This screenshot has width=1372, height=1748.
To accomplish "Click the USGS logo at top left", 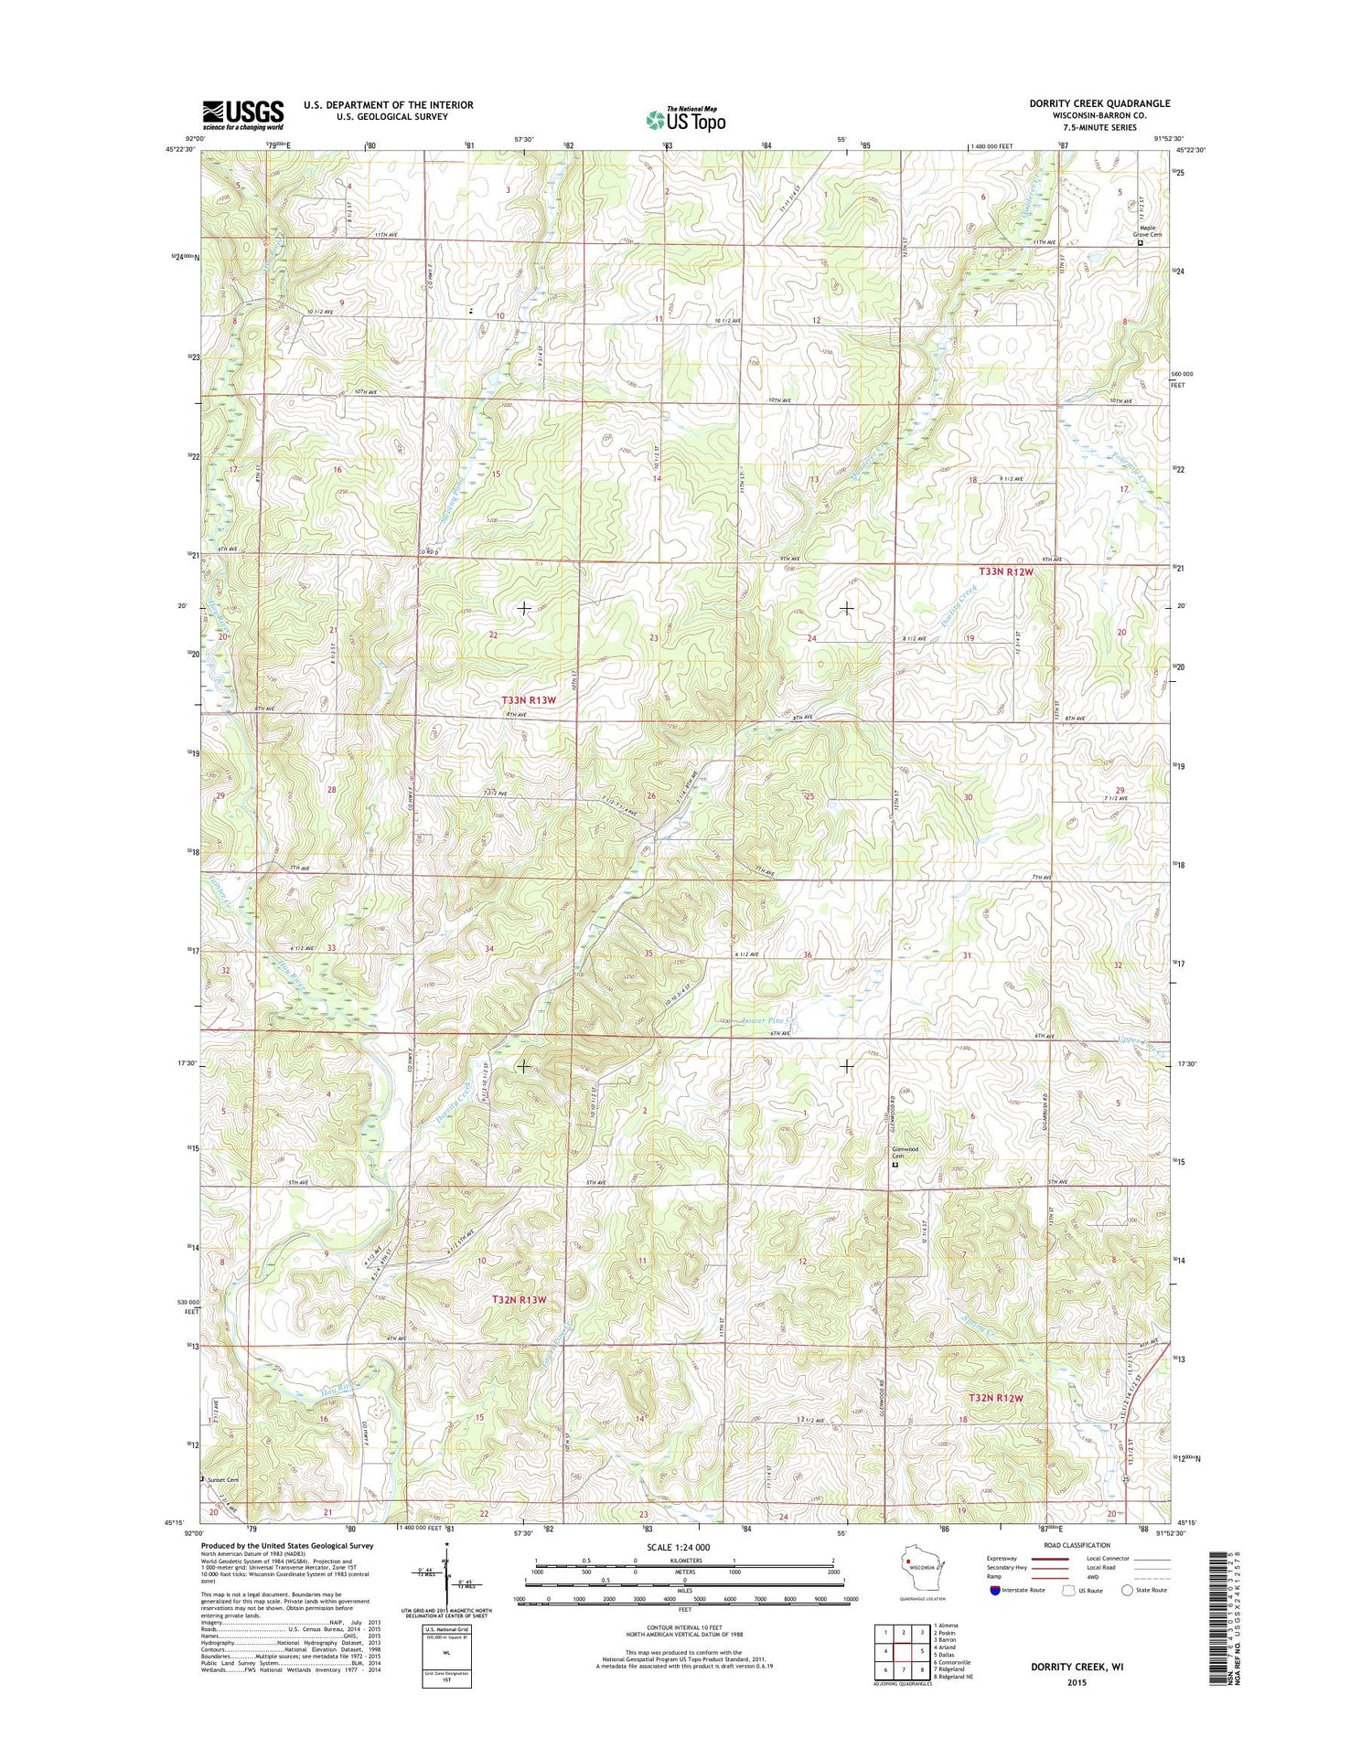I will point(243,114).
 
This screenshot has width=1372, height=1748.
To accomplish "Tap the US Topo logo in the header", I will point(686,119).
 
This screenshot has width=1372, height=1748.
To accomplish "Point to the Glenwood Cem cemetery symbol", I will point(895,1165).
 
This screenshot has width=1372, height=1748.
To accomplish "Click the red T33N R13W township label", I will point(529,700).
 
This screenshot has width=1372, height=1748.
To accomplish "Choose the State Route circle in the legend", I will point(1127,1590).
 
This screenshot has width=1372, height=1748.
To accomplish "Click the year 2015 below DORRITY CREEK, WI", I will point(1077,1682).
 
